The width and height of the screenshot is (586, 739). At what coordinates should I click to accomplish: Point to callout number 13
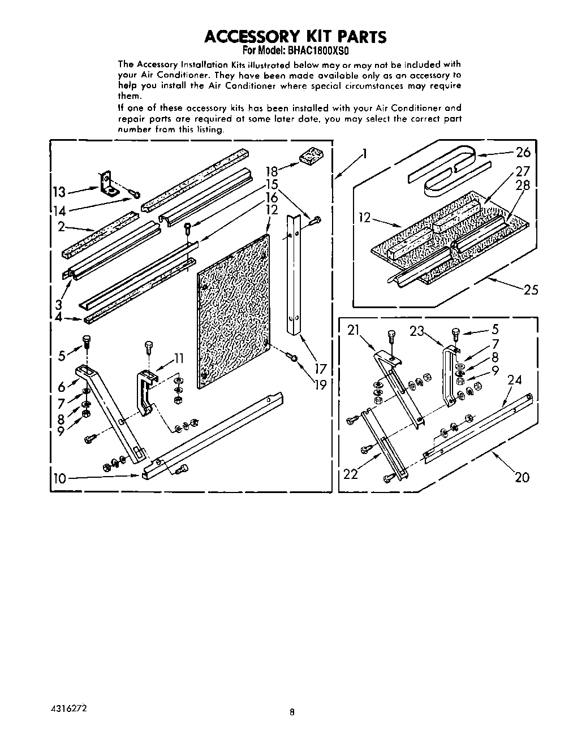point(59,192)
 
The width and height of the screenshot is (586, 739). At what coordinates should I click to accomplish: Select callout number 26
point(523,152)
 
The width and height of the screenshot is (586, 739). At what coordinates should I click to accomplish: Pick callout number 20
point(522,477)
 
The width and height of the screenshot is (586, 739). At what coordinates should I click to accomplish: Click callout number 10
point(59,479)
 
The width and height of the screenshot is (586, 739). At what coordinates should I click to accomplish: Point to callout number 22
point(351,474)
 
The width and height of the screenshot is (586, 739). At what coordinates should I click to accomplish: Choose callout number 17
point(321,369)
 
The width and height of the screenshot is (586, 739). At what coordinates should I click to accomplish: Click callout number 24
point(515,381)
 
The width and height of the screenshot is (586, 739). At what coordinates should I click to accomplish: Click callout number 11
point(179,358)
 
